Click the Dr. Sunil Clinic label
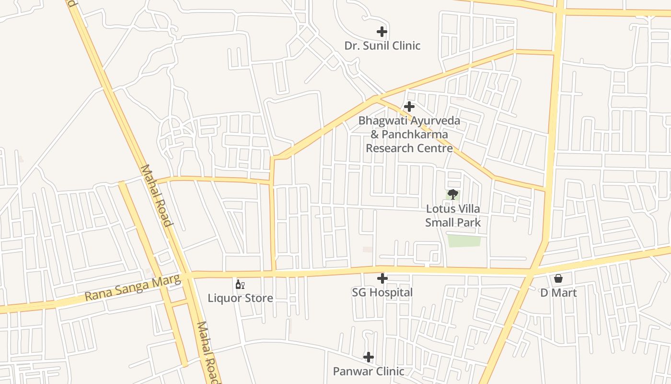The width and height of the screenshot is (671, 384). click(382, 46)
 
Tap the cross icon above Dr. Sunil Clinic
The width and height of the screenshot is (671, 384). click(382, 32)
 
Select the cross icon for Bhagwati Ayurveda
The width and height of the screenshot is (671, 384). click(409, 106)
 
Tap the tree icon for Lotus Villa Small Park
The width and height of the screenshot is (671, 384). click(452, 194)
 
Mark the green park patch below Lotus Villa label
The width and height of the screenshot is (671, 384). click(464, 241)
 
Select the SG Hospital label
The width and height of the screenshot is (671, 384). click(382, 292)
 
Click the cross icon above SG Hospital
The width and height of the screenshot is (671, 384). click(382, 278)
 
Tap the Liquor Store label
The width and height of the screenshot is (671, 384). click(240, 298)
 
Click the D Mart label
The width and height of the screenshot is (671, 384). click(558, 292)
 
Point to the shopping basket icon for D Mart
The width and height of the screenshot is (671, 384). click(558, 278)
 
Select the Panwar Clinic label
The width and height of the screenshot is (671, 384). click(369, 371)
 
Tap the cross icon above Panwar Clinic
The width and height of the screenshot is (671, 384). click(368, 357)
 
